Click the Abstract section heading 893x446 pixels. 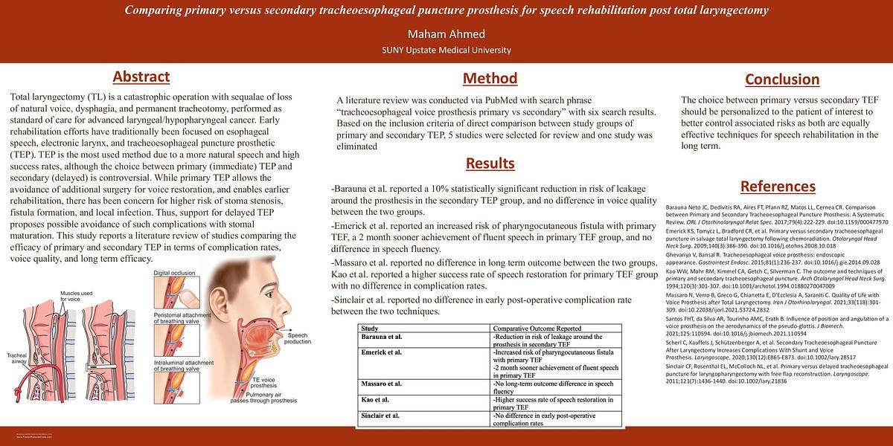[141, 77]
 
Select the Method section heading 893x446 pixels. [490, 78]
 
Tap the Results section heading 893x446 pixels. [490, 163]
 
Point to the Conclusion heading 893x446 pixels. [781, 79]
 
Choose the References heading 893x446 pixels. [778, 186]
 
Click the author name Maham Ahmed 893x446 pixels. [446, 34]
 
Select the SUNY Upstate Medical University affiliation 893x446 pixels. [446, 50]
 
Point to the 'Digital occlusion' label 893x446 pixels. [174, 274]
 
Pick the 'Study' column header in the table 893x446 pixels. [370, 328]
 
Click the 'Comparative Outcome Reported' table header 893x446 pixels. [537, 328]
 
